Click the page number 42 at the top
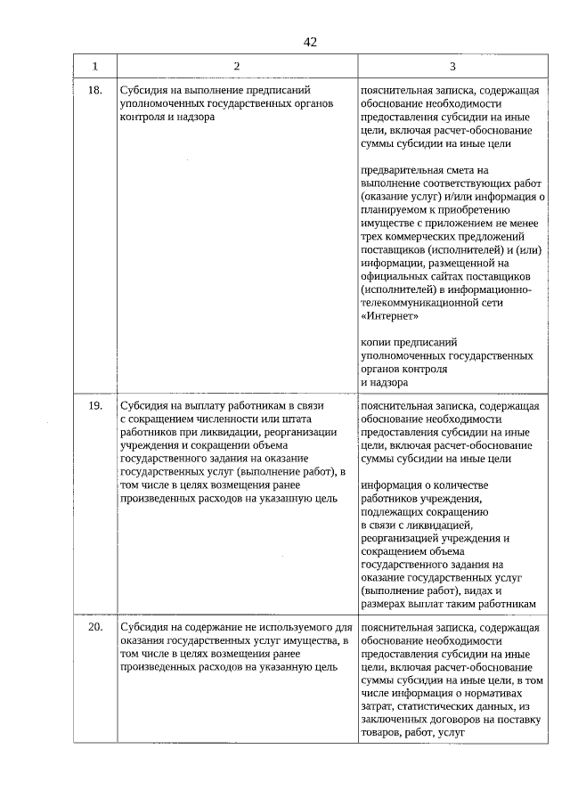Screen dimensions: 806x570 click(x=309, y=42)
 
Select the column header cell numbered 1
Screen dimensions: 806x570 click(x=95, y=67)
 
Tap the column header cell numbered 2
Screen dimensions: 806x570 click(x=236, y=67)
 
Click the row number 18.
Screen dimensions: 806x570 click(x=95, y=91)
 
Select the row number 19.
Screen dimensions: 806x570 click(x=95, y=405)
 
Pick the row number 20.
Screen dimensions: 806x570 click(x=95, y=628)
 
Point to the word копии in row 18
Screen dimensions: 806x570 click(x=377, y=341)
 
